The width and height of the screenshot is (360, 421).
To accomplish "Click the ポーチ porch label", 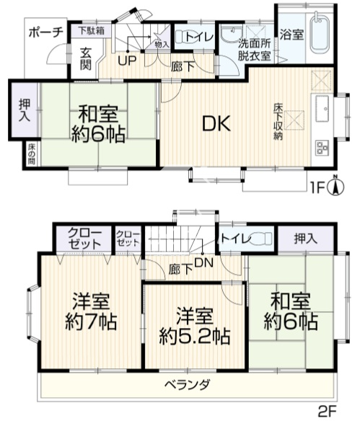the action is (46, 32).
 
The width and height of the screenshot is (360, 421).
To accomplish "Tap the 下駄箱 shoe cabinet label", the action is (92, 30).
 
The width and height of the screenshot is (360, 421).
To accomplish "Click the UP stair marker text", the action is (127, 61).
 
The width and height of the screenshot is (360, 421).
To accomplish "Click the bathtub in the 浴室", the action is (320, 35).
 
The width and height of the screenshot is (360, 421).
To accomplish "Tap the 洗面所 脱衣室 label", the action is (255, 50).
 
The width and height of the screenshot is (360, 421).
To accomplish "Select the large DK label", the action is (216, 123).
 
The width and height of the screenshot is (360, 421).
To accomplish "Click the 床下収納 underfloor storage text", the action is (278, 121).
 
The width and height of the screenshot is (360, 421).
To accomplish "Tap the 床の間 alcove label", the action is (30, 154).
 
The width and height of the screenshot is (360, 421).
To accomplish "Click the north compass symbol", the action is (335, 185).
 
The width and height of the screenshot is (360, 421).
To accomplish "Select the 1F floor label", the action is (318, 187).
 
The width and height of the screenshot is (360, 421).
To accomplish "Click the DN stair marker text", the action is (204, 262).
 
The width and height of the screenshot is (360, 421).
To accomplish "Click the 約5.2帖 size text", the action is (195, 337).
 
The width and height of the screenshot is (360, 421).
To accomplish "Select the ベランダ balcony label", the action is (187, 385).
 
